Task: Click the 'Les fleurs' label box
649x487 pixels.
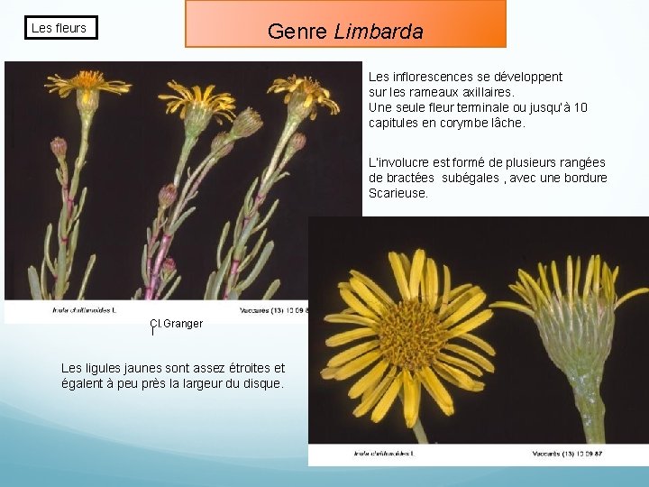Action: (59, 28)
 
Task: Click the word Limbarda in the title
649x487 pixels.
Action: (379, 32)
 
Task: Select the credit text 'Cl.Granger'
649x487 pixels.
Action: (177, 324)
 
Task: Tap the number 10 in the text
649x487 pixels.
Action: (580, 107)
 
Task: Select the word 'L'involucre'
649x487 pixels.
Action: (401, 162)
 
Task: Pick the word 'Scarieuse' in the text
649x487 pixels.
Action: (398, 193)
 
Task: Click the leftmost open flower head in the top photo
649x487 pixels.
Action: (87, 84)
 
